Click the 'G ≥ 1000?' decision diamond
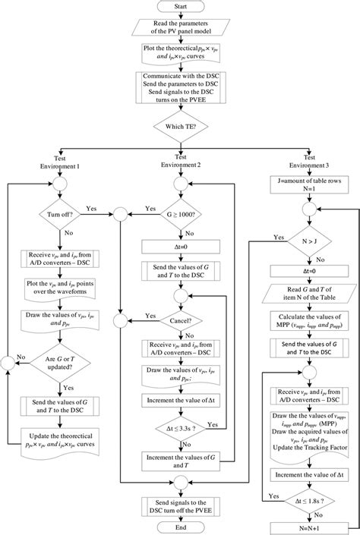180,215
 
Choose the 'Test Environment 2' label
180,161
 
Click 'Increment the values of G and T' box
180,458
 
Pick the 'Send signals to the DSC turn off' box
180,504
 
